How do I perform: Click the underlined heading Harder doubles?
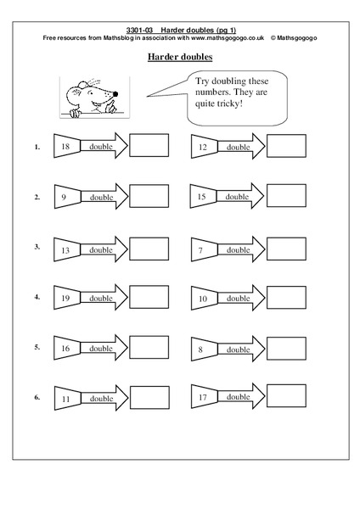(180, 57)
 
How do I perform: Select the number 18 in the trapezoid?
(65, 146)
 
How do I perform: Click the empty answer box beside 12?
(286, 147)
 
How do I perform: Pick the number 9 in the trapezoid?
(65, 197)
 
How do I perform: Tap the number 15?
(202, 197)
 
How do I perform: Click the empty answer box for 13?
(149, 249)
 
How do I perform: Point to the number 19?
(65, 298)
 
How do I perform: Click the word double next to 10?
(238, 299)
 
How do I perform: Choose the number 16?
(65, 348)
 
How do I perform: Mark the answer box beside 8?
(286, 348)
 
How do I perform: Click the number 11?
(65, 397)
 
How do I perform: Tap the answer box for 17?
(286, 397)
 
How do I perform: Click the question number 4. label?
(37, 298)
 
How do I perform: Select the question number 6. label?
(37, 397)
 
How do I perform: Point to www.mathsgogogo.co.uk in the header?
(225, 39)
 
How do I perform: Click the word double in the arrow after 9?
(101, 198)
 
